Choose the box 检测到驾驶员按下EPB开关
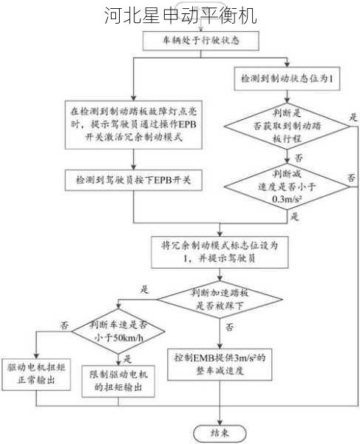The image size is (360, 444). [133, 180]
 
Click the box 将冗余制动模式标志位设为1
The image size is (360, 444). [220, 252]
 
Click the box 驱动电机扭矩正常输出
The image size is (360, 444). [34, 374]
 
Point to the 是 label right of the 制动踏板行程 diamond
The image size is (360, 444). [353, 117]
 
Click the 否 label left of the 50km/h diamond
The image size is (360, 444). [64, 324]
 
